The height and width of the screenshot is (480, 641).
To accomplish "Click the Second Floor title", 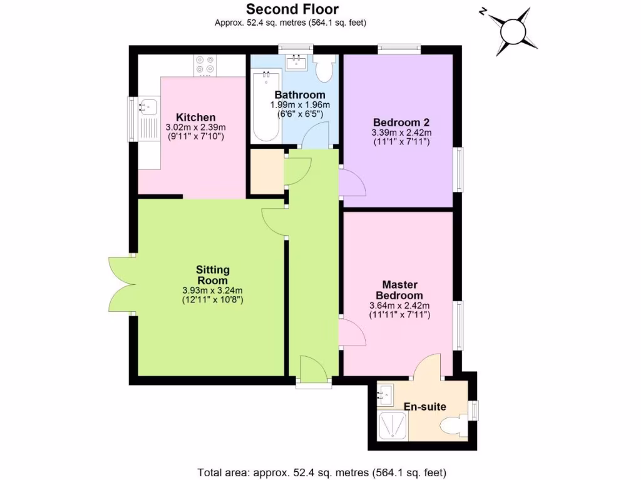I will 292,9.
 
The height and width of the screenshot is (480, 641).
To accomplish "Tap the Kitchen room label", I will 195,117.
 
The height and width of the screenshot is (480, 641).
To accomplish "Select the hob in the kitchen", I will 205,64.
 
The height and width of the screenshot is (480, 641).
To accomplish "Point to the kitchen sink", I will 148,106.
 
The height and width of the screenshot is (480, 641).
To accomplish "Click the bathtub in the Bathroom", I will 265,106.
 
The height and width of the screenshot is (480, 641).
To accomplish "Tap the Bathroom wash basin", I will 294,62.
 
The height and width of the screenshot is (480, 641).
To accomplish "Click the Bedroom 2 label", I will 401,122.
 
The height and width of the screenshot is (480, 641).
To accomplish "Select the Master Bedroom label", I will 399,289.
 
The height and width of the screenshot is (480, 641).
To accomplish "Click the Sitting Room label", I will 213,275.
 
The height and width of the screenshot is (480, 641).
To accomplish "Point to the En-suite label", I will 425,407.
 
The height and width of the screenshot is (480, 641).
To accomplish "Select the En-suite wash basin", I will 385,394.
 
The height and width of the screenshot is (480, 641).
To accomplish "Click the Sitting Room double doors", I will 121,285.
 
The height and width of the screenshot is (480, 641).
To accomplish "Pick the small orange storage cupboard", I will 266,172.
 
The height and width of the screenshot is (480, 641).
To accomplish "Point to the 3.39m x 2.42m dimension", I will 401,132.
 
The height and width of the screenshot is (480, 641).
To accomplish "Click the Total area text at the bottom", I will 322,472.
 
